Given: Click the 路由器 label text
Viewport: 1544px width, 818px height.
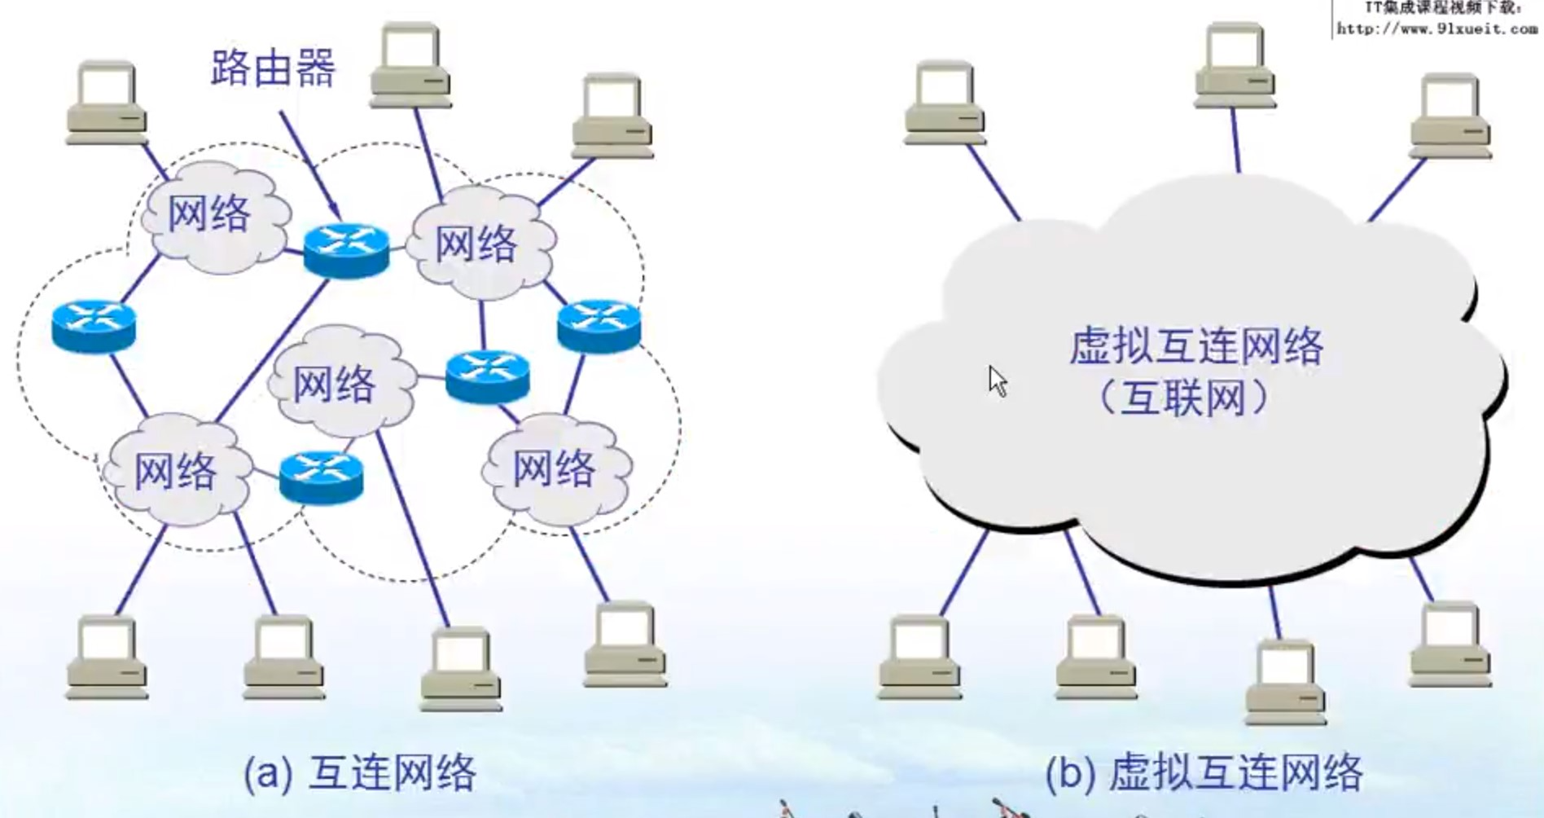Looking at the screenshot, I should [x=273, y=68].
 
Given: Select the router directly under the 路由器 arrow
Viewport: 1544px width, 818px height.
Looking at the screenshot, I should [x=346, y=249].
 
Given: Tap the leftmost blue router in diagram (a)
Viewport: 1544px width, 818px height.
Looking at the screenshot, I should [x=94, y=326].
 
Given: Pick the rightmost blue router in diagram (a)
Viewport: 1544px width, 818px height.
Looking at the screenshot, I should [x=599, y=325].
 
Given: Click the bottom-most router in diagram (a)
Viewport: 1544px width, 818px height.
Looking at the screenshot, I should [x=321, y=477].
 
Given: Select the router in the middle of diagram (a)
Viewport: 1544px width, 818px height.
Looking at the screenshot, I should [x=488, y=376].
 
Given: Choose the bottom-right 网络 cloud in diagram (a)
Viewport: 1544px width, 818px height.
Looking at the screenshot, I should [x=556, y=468].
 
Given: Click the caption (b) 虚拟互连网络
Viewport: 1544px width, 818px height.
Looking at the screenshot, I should [x=1204, y=772].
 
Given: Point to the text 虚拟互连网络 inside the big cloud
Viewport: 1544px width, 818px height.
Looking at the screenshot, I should [x=1195, y=345].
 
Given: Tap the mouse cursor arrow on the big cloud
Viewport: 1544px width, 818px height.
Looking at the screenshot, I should [x=998, y=380].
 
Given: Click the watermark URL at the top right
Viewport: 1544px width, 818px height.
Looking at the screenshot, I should [x=1437, y=29].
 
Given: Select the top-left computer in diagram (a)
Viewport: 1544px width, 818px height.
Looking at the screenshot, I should [x=106, y=102].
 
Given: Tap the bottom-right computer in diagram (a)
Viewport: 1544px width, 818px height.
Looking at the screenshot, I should [x=625, y=644].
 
